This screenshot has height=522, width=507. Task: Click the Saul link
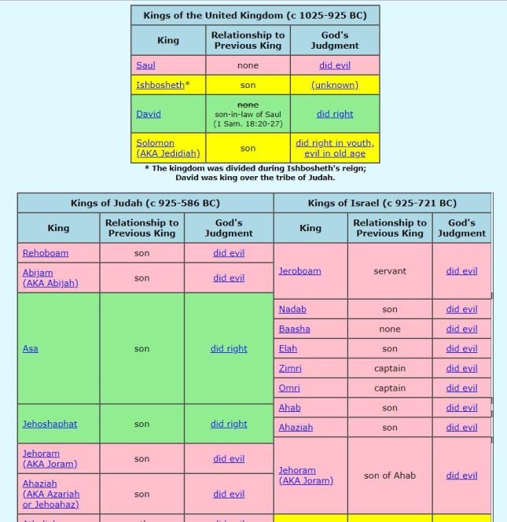coord(145,65)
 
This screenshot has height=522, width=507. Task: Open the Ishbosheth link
coord(160,85)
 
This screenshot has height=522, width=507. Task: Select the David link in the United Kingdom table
coord(149,114)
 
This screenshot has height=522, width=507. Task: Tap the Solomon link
coord(155,143)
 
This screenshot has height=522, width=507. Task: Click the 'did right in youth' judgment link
coord(334,143)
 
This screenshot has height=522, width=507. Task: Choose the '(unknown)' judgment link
coord(334,85)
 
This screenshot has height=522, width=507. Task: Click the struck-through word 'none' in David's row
coord(248,105)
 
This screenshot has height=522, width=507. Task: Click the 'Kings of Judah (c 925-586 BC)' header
coord(145,203)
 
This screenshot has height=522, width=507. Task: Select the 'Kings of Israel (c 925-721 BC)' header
coord(382,203)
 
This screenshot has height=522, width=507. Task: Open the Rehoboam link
coord(46,253)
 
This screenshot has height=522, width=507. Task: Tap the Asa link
coord(30,348)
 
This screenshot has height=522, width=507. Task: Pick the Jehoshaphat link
coord(50,424)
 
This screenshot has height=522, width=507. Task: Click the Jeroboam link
coord(299,271)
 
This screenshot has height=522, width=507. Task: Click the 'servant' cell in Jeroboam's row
coord(390,271)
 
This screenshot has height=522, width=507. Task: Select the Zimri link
coord(290,368)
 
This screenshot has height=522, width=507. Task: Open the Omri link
coord(289,388)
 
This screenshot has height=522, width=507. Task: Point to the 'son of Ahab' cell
coord(390,475)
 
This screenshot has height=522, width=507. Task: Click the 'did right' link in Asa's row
coord(229,348)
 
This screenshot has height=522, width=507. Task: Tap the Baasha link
coord(294,329)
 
